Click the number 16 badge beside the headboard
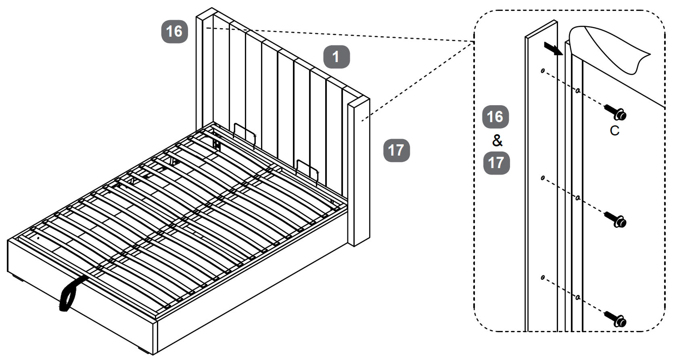pos(174,31)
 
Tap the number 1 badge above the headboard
pos(336,57)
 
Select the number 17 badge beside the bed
pos(396,150)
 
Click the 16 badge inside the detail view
pos(495,117)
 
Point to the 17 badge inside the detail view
pos(496,163)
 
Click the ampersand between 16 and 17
pos(497,140)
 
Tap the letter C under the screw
pos(614,131)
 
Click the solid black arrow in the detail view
pos(552,48)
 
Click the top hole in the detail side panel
pos(543,71)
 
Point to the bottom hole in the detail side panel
pos(543,277)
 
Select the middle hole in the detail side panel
pos(543,177)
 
